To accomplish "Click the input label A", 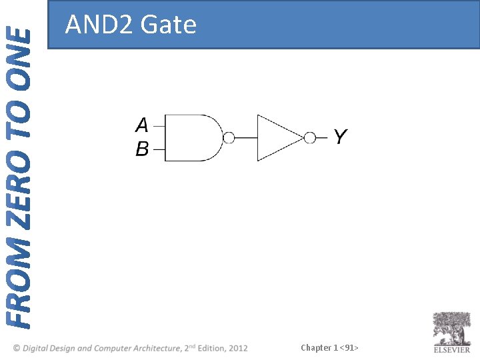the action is click(142, 125).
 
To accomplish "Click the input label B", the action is click(142, 149).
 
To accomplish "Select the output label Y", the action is click(340, 137).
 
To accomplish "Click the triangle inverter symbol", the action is click(277, 137).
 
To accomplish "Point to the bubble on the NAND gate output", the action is click(229, 138).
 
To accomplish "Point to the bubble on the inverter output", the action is click(309, 138).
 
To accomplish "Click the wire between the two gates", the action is click(246, 138).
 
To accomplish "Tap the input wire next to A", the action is click(159, 125).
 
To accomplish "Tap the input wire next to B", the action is click(159, 150).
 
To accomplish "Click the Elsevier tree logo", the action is click(452, 328).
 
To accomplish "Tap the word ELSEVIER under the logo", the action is click(452, 350).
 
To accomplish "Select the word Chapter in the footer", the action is click(316, 347).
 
